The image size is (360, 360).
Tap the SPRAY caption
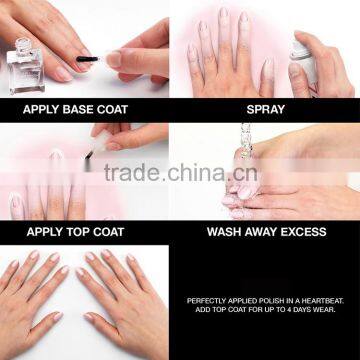[x=266, y=109]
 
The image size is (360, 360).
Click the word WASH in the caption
[x=222, y=232]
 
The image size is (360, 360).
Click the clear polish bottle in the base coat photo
[x=25, y=66]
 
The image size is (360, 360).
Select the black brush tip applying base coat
[x=88, y=59]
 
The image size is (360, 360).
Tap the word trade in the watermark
[x=133, y=172]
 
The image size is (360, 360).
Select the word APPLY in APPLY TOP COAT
[x=43, y=232]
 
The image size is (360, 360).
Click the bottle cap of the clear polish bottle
[x=23, y=45]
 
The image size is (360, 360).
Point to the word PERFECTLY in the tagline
[x=206, y=301]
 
